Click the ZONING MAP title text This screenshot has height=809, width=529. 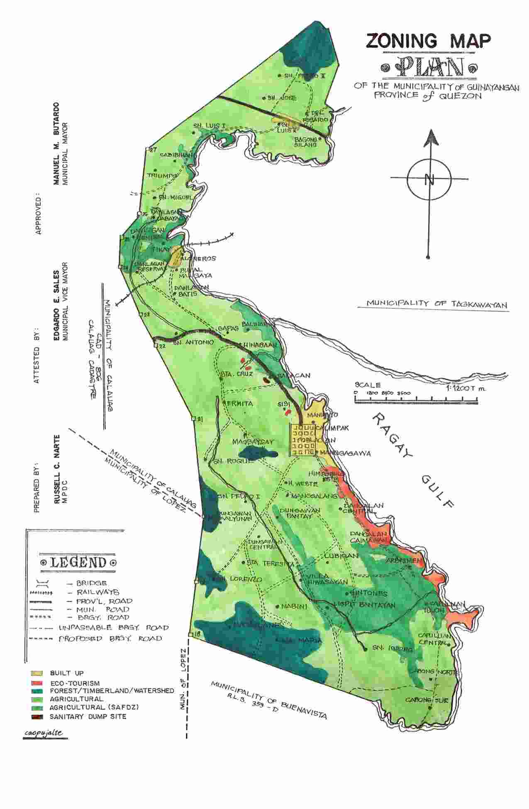(428, 41)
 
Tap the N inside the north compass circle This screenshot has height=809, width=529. (429, 180)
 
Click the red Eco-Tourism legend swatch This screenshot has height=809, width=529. (37, 683)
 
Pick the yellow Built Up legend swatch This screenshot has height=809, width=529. (37, 673)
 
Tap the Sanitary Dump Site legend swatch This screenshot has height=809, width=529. (37, 716)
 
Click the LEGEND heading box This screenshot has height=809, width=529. (78, 563)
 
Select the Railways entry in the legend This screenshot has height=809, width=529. (98, 592)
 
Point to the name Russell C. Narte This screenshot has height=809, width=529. (57, 469)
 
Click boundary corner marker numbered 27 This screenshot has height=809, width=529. (148, 149)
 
